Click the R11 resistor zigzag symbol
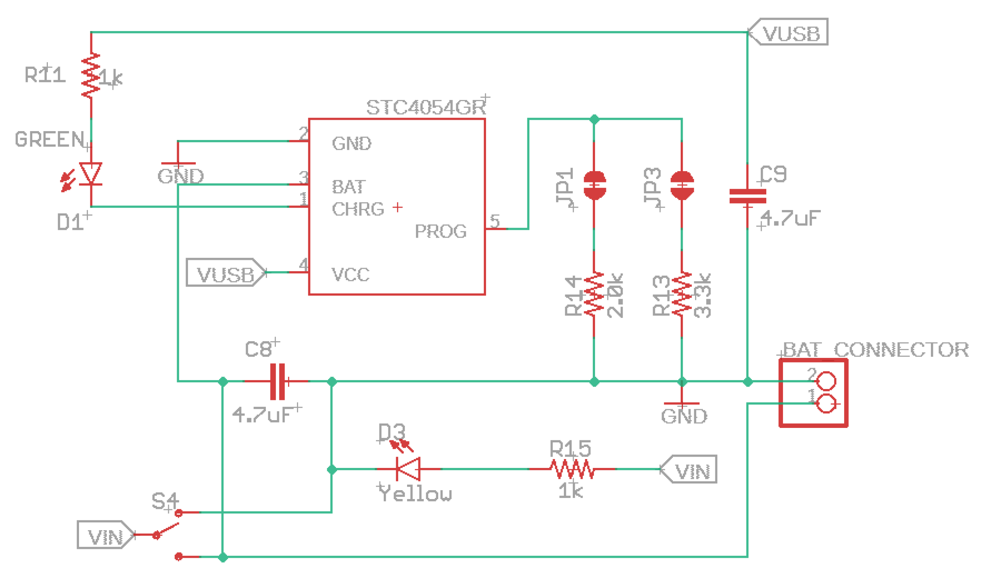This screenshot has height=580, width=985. [x=91, y=76]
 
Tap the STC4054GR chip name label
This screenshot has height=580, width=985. [x=426, y=107]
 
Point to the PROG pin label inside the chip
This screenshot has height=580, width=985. [x=441, y=231]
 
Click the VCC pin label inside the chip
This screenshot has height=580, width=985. [x=350, y=275]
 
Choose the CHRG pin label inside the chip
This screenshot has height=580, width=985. [x=358, y=210]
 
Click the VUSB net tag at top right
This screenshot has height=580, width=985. [x=790, y=32]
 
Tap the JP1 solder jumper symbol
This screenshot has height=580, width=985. [x=594, y=185]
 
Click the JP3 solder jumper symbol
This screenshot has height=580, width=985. [x=682, y=185]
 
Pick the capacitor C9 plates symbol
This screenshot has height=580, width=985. [x=748, y=196]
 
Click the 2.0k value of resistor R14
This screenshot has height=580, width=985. [x=615, y=296]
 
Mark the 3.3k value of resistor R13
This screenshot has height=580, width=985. [x=703, y=296]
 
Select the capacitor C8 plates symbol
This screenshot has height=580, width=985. [x=277, y=382]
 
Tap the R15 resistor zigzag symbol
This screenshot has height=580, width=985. [x=572, y=469]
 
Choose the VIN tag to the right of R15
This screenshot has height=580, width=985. [x=690, y=469]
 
